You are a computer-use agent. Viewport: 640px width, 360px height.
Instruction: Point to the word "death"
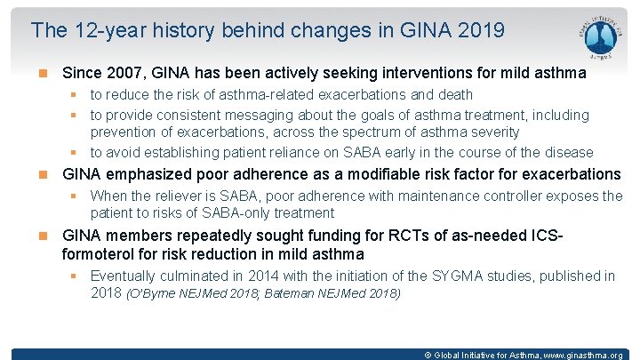coord(452,94)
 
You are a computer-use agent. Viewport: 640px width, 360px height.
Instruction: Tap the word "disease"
coord(567,151)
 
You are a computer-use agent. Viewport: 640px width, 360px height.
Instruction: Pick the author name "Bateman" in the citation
coord(292,293)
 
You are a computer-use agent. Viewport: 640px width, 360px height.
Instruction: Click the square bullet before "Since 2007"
coord(43,73)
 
